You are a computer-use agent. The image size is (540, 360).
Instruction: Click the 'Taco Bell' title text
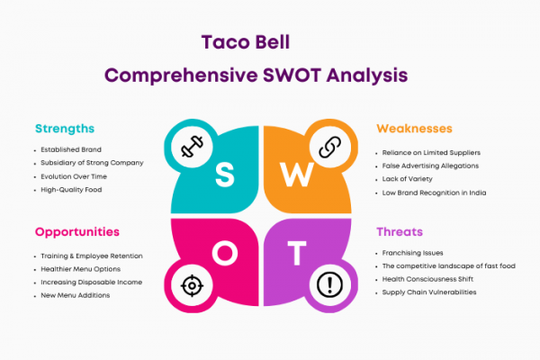tap(246, 42)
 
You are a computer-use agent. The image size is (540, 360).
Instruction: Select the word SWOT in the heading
tap(292, 75)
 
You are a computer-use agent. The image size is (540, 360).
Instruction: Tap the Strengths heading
tap(65, 129)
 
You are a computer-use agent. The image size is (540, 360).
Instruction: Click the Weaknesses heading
tap(414, 129)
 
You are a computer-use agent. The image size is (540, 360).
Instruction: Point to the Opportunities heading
tap(77, 232)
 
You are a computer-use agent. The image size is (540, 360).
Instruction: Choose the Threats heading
tap(400, 232)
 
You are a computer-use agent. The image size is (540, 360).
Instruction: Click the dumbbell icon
tap(192, 147)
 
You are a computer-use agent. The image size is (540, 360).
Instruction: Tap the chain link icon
tap(330, 147)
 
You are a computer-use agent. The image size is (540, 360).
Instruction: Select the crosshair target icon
tap(192, 285)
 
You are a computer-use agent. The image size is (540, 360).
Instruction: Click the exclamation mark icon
tap(329, 284)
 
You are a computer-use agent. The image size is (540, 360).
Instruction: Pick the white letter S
tap(224, 175)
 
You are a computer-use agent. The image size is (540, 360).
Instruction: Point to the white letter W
tap(296, 175)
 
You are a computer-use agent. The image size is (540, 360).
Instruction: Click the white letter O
tap(224, 253)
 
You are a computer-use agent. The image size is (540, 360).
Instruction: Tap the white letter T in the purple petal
tap(297, 253)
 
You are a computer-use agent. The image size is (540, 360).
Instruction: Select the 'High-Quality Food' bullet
tap(71, 190)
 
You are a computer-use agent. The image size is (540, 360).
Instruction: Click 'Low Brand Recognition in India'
tap(435, 193)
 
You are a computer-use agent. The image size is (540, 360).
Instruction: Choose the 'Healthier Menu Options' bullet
tap(81, 269)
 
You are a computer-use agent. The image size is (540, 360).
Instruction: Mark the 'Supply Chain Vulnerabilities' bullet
tap(429, 292)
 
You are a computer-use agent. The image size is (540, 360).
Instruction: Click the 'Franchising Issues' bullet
tap(412, 253)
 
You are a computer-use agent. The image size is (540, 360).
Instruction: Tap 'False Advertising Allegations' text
tap(430, 166)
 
